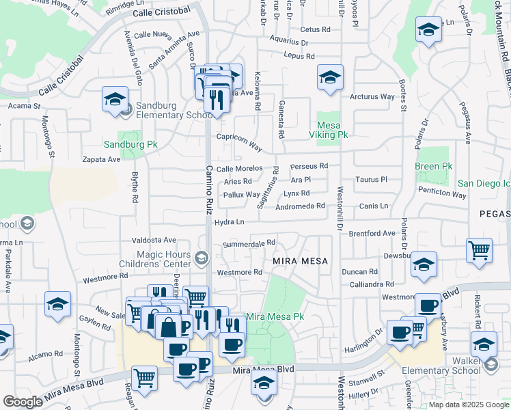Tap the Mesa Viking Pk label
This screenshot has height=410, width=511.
(333, 130)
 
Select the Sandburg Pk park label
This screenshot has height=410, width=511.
(130, 145)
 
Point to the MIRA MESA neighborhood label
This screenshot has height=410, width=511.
(301, 261)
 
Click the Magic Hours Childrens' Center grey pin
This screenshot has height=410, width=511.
(201, 258)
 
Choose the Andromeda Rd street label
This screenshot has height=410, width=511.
(300, 206)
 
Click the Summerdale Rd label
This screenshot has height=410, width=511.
(249, 243)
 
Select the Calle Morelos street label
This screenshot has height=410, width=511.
(239, 168)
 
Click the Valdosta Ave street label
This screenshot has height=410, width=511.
(154, 240)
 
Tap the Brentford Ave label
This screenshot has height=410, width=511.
(372, 233)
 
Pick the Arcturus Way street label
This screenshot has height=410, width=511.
(372, 97)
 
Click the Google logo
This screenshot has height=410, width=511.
(23, 401)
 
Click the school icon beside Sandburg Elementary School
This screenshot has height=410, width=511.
(115, 98)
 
